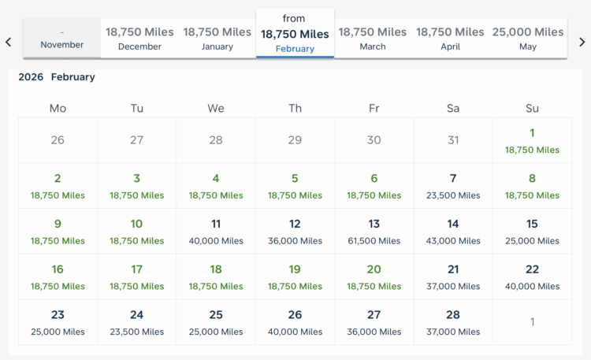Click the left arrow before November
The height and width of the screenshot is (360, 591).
coord(8,42)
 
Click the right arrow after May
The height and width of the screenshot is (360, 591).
coord(582,42)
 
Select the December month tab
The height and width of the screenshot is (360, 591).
coord(139,39)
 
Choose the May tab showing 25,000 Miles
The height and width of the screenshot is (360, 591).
coord(528,39)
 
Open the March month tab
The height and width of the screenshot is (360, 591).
coord(373,39)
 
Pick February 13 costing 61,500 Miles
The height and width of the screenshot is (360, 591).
coord(374,232)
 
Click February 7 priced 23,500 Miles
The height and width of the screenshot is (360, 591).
coord(453,186)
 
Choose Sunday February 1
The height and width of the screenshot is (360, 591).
coord(532,140)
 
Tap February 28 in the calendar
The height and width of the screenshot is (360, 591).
coord(453,322)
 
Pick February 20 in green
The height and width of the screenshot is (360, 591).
coord(374,276)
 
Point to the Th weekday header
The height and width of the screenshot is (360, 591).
coord(295,108)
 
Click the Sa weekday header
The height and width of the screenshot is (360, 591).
coord(453,108)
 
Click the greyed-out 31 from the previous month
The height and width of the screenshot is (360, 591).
coord(453,140)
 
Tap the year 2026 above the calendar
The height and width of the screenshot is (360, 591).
coord(31,77)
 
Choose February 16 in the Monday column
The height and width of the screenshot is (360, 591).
coord(58,276)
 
